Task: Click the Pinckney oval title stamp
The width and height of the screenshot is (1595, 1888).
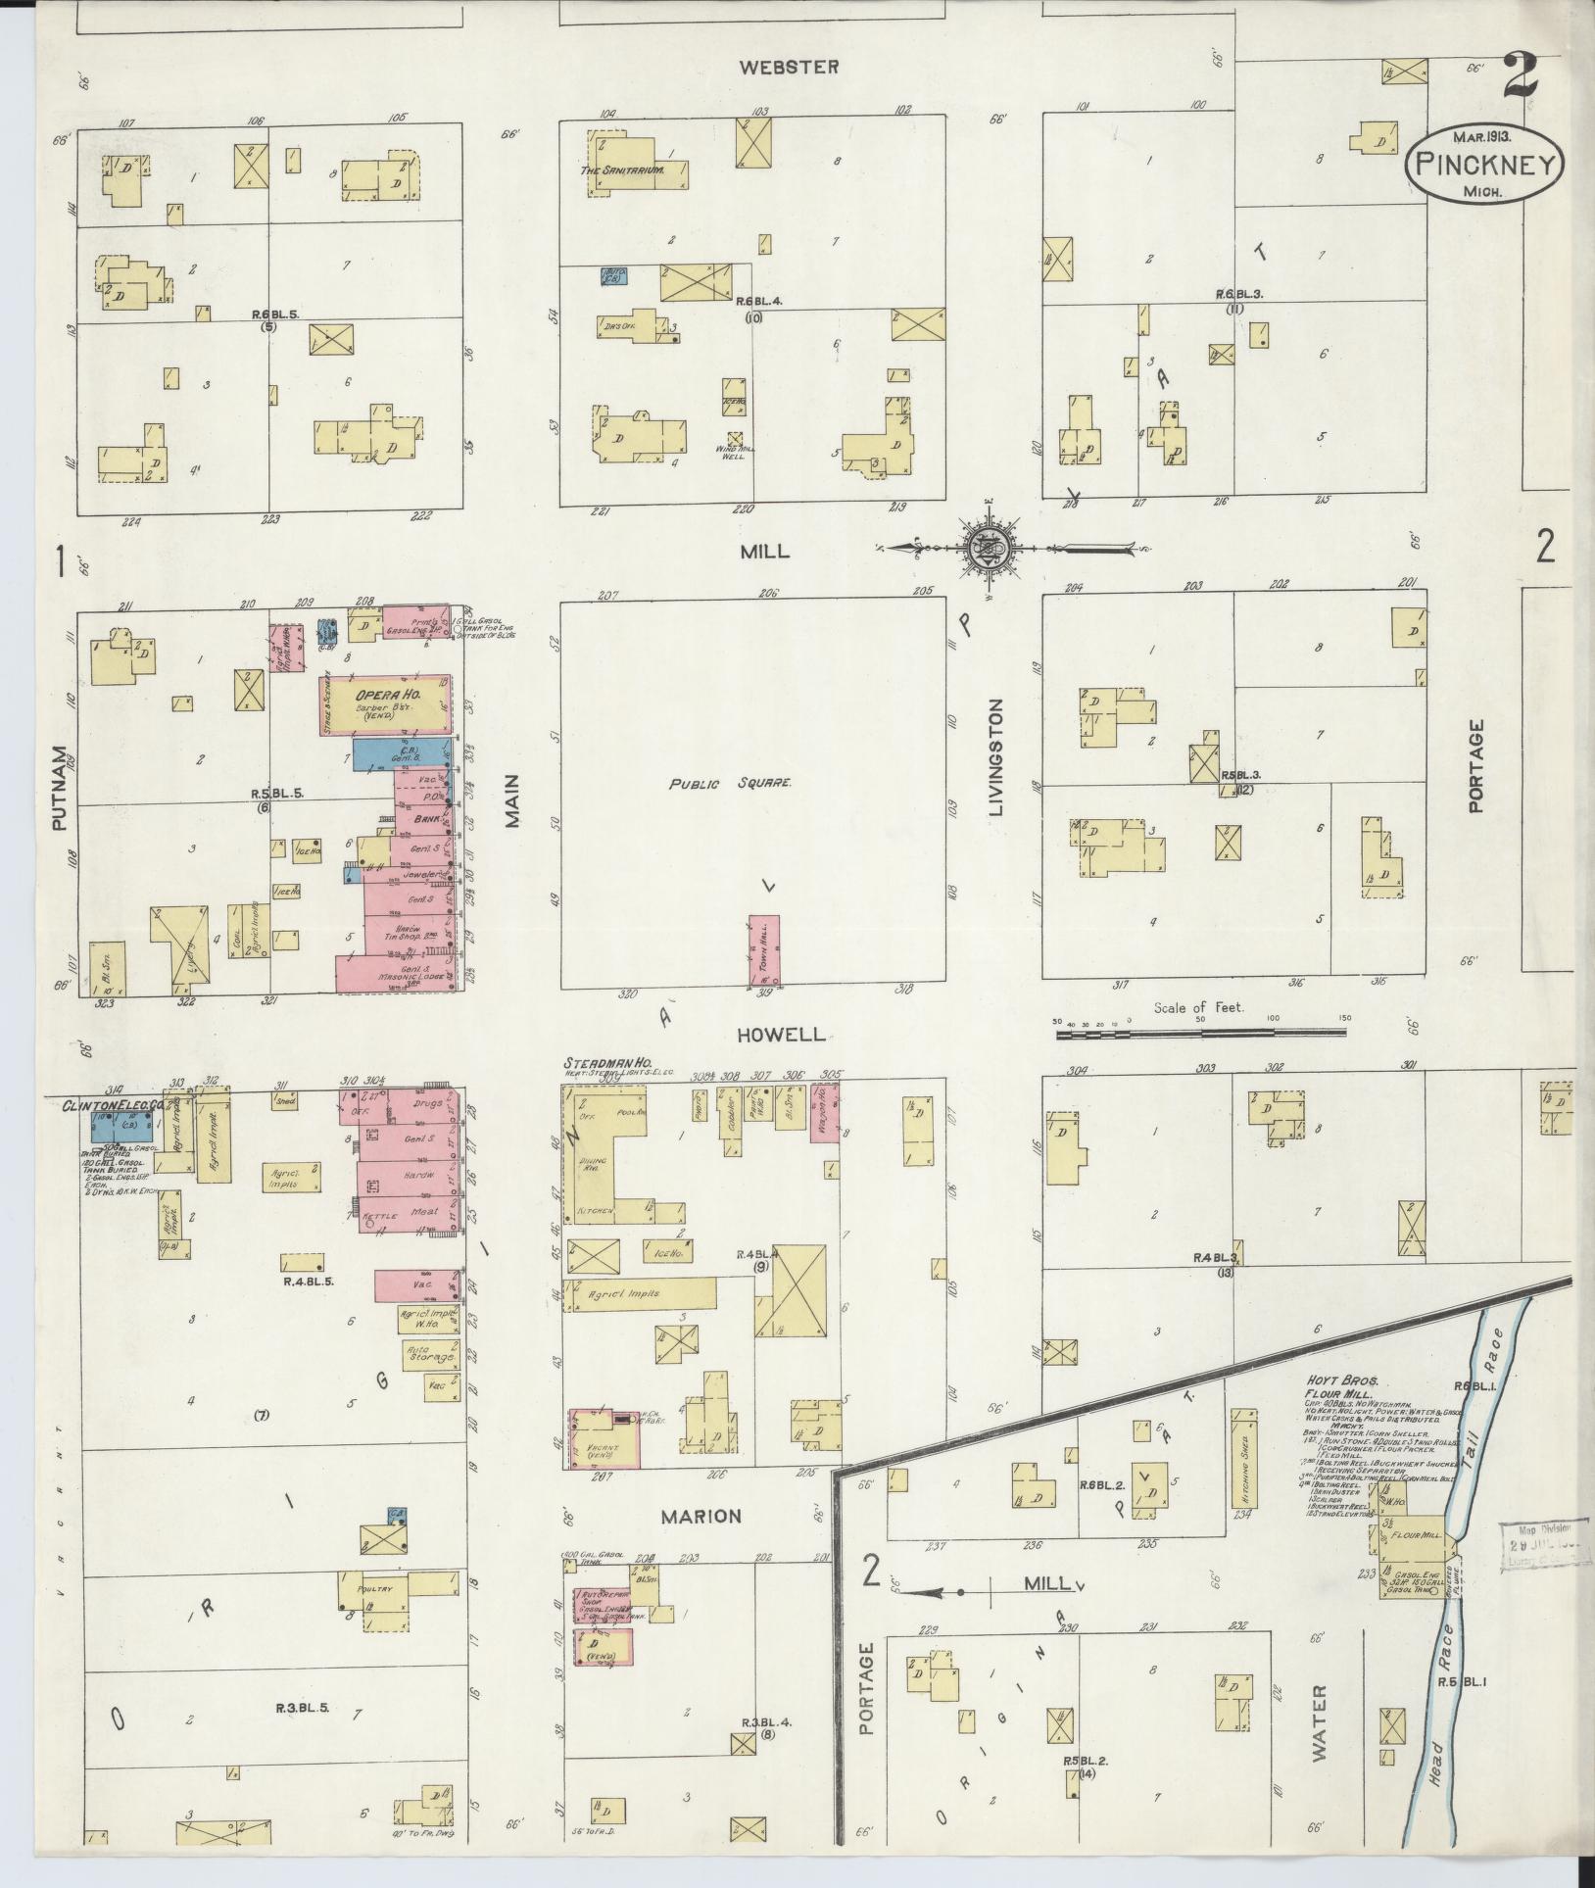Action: click(1482, 165)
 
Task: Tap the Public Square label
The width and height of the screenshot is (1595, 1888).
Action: click(730, 784)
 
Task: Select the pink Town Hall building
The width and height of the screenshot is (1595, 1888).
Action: click(764, 949)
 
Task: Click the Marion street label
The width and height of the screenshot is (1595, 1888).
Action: click(701, 1517)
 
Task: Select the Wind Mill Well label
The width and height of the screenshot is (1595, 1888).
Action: click(736, 453)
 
